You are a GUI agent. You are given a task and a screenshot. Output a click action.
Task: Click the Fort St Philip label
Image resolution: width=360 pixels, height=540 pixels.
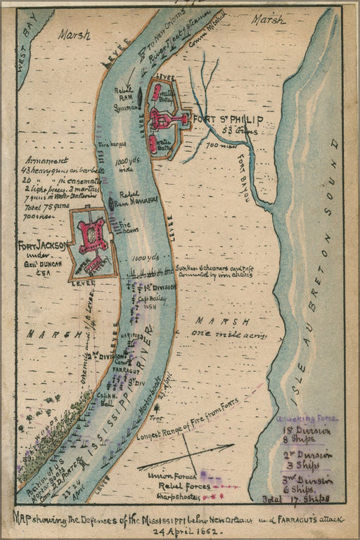point(243,118)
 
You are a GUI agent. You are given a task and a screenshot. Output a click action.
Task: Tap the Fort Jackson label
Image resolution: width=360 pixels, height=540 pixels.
point(42,245)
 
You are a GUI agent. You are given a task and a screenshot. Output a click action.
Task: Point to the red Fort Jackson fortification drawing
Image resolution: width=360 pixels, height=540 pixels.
point(93,236)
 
